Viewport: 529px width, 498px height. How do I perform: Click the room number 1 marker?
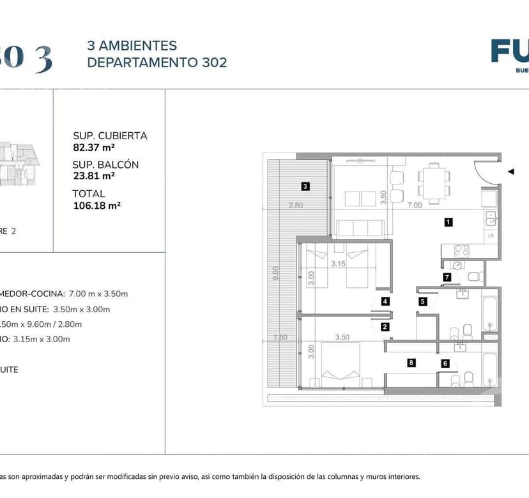tap(448, 222)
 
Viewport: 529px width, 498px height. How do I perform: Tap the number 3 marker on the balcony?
tap(305, 186)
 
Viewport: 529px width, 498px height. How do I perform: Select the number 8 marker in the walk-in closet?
tap(411, 363)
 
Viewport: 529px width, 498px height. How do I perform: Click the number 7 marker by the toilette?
tap(447, 277)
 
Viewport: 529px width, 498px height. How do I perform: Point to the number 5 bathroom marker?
tap(422, 301)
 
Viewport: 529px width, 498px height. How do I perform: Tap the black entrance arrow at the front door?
tap(510, 171)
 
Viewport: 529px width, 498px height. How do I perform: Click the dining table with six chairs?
tap(434, 183)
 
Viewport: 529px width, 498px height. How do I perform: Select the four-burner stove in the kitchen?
tap(461, 250)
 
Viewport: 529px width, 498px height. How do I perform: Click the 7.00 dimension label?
tap(415, 206)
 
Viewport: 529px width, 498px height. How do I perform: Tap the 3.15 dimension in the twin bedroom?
tap(338, 263)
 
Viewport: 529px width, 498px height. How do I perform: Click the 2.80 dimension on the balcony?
tap(295, 206)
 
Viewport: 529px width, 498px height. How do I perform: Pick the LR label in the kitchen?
tap(491, 236)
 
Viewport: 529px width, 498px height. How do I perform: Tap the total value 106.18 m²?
tap(97, 205)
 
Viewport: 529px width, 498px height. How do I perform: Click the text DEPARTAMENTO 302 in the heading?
tap(157, 63)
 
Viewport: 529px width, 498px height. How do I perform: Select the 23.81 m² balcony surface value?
tap(93, 176)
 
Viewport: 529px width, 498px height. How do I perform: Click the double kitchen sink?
tap(490, 218)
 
